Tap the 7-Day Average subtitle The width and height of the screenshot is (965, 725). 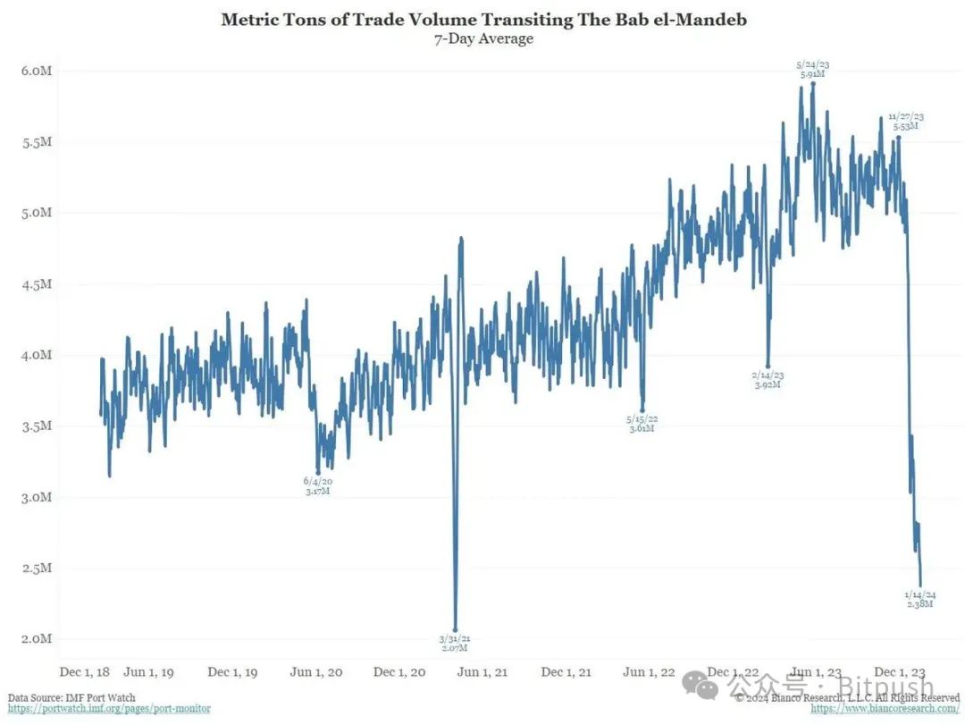[x=482, y=38]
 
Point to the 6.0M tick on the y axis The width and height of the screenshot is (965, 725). [x=37, y=71]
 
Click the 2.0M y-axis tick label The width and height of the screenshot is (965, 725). [x=37, y=639]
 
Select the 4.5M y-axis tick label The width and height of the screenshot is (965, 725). [x=37, y=284]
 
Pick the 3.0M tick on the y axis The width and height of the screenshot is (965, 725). [x=37, y=497]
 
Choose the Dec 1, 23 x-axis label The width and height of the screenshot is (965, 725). [x=899, y=672]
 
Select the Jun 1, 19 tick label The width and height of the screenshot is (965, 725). [x=148, y=672]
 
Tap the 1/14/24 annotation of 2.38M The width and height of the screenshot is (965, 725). [x=919, y=599]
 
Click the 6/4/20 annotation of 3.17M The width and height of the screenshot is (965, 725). [x=317, y=486]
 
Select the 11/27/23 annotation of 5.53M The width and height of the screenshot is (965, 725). [x=906, y=122]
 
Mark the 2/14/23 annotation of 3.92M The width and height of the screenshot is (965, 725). [x=768, y=379]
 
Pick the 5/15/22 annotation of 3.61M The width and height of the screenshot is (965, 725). [x=642, y=423]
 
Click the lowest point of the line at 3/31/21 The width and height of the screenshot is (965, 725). [x=456, y=629]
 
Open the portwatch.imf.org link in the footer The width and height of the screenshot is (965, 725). [x=110, y=709]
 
